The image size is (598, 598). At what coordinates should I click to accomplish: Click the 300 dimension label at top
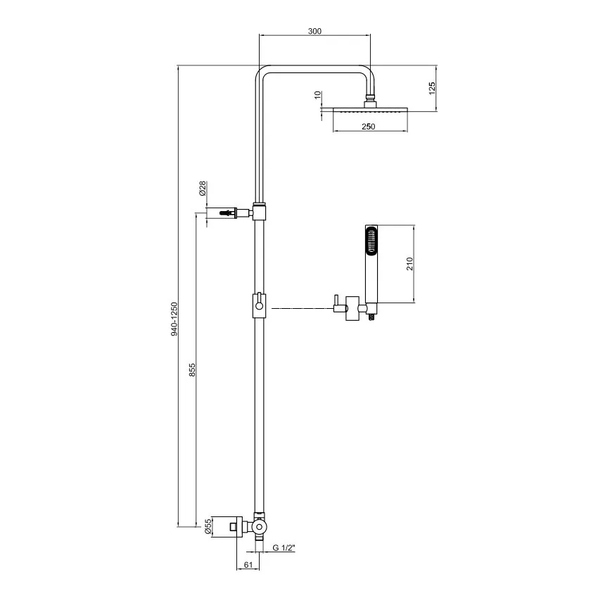point(314,31)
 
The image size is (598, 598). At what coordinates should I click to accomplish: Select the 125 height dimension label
point(432,88)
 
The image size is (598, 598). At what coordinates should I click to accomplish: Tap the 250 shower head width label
point(368,127)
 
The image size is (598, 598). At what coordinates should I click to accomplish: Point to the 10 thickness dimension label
point(318,94)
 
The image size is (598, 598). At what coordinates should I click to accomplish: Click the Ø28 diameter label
point(202,188)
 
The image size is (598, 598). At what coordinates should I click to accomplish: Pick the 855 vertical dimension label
point(192,369)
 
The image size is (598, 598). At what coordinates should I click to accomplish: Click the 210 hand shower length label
point(409,265)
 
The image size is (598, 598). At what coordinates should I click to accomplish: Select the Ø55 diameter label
point(208,526)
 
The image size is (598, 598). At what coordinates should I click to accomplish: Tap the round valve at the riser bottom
point(260,526)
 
